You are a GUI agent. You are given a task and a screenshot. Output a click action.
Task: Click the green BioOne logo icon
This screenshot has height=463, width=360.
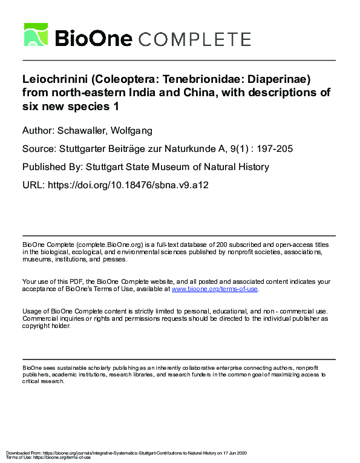(x=36, y=34)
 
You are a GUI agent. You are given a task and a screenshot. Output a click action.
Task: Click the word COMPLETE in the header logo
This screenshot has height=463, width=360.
(x=194, y=39)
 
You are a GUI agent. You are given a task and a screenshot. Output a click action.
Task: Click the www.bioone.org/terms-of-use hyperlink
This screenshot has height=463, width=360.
(x=215, y=289)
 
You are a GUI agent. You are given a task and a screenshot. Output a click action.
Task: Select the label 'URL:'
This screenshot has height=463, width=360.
(x=33, y=185)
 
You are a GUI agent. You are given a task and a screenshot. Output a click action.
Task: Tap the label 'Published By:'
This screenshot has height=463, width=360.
(x=53, y=166)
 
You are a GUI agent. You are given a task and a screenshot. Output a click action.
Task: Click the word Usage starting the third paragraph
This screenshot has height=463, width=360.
(x=33, y=311)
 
